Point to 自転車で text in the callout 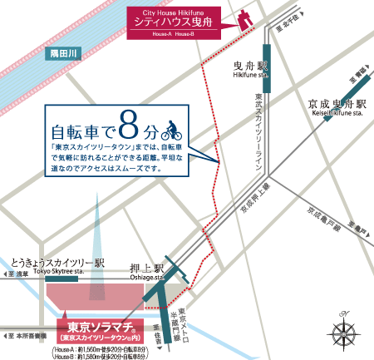coord(81,131)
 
